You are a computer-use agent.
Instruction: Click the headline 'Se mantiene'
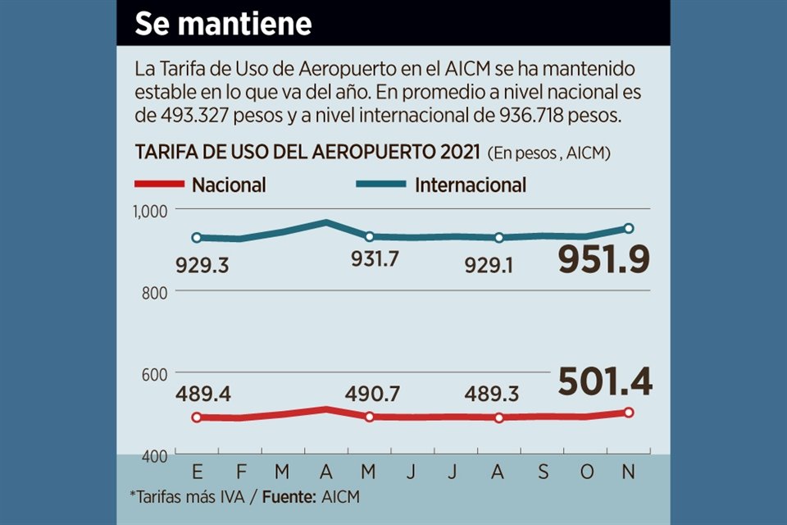point(223,23)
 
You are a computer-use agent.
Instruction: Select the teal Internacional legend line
point(380,185)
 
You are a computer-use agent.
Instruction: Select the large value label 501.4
point(605,381)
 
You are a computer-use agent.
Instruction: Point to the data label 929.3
point(203,265)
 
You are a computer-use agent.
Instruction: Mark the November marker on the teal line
point(629,228)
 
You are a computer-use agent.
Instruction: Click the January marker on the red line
point(197,418)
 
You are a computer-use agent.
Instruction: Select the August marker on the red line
point(499,418)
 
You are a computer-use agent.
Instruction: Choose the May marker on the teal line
point(369,237)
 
